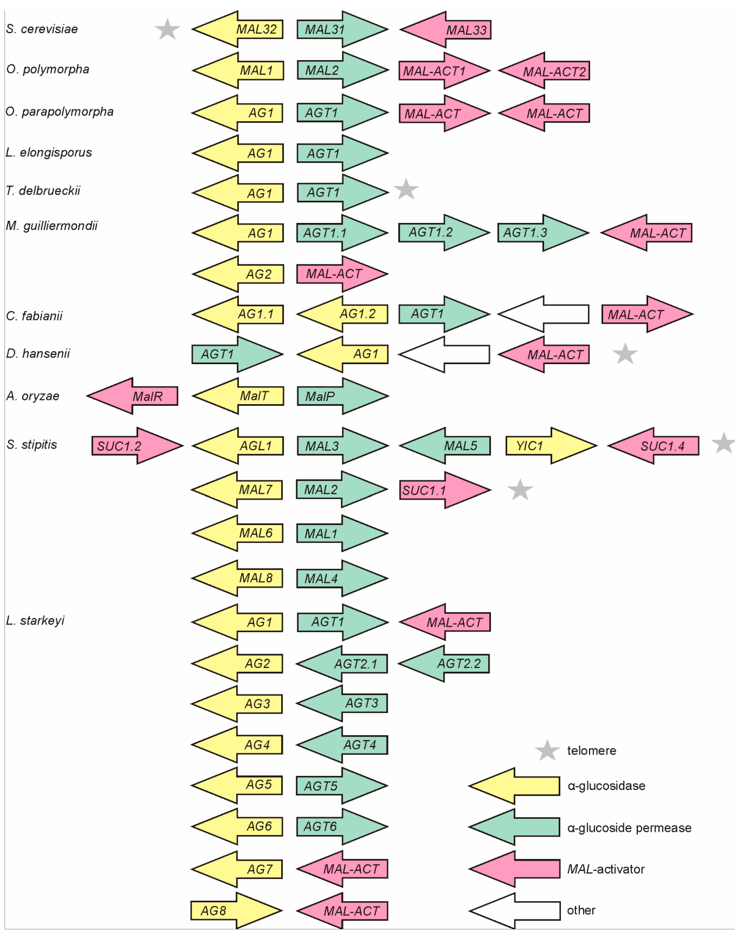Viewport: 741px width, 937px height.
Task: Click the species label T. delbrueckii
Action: coord(43,190)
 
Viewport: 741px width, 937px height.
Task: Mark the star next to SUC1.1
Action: coord(520,490)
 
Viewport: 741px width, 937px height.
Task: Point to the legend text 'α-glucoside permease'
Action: coord(629,828)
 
